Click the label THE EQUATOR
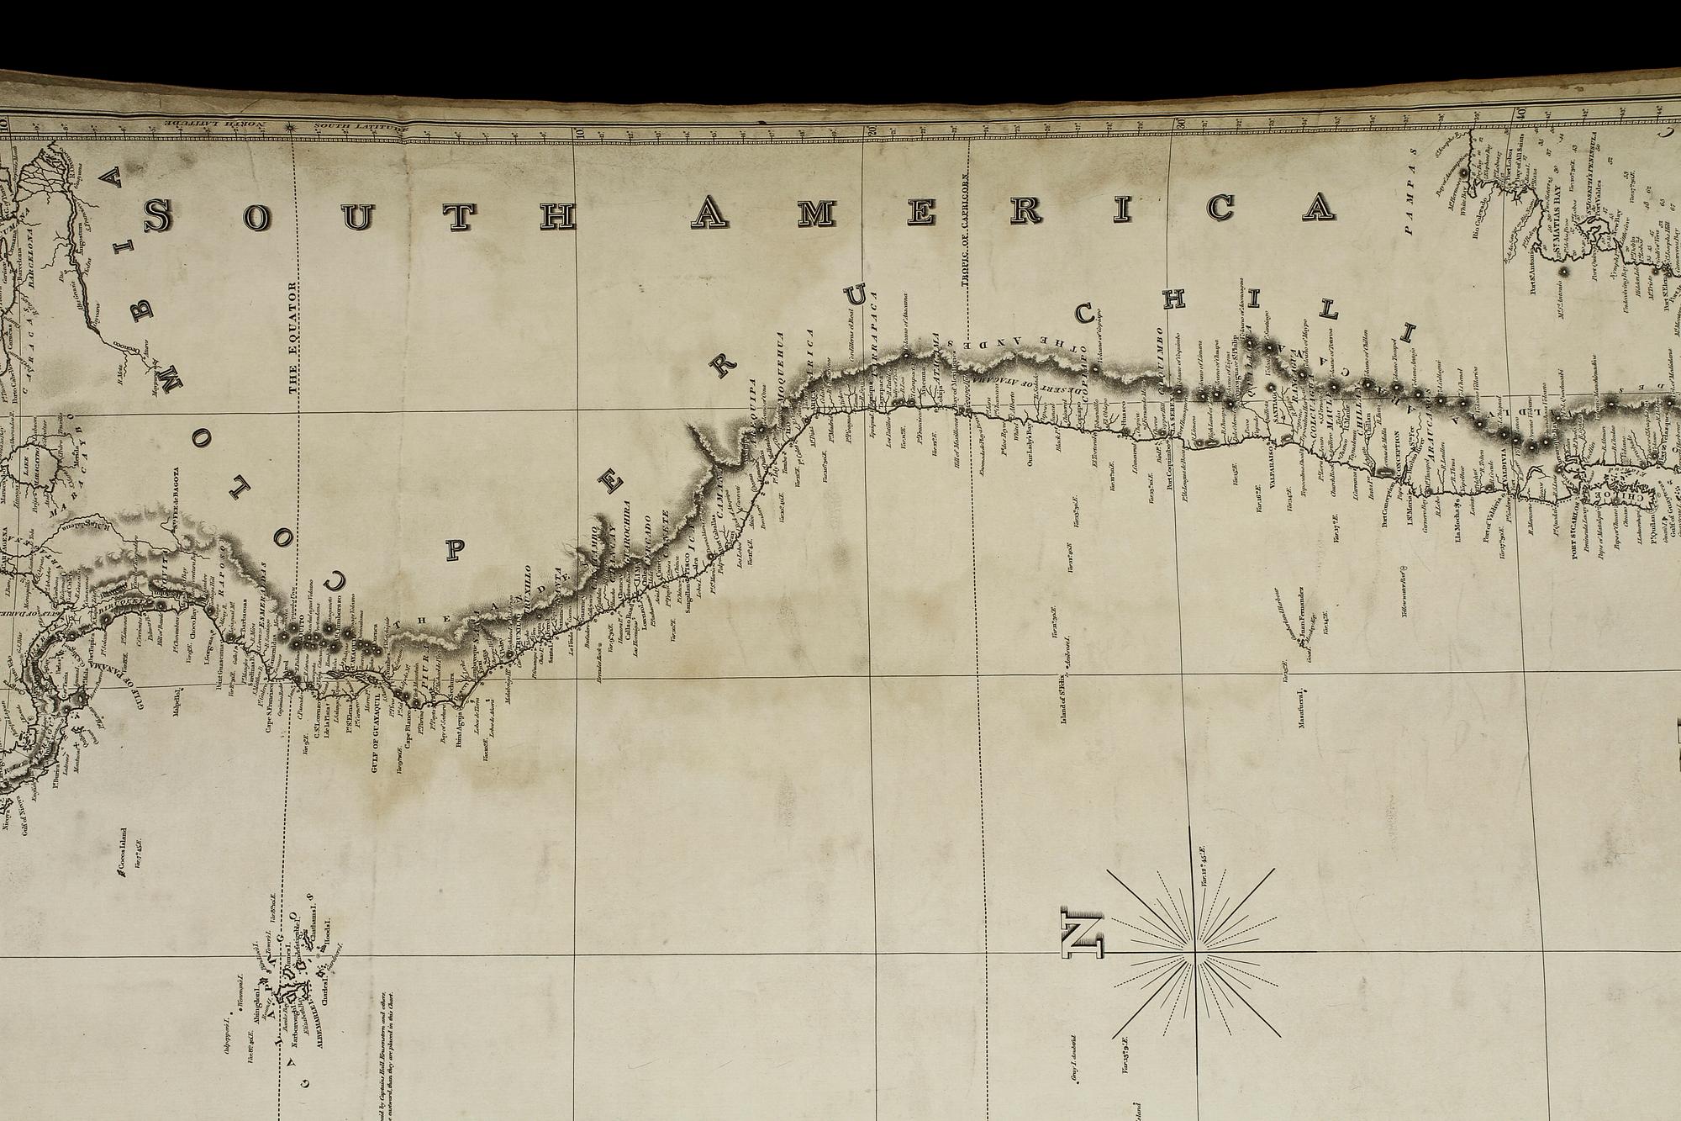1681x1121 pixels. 293,336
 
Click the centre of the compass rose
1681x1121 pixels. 1194,953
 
